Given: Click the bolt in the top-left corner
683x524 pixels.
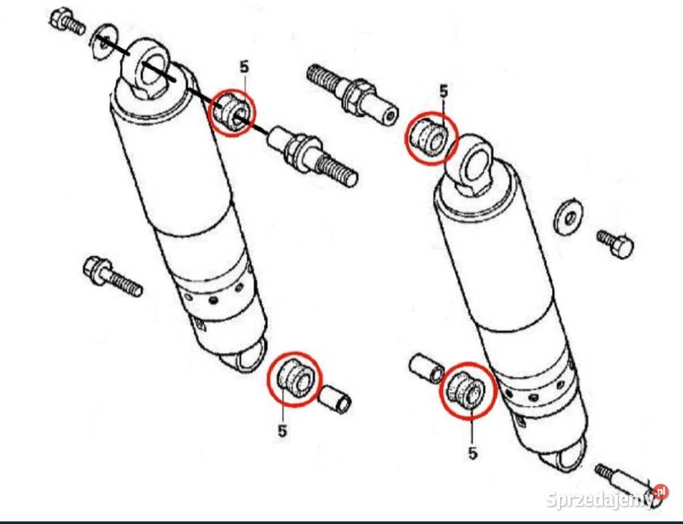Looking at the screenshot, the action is click(67, 21).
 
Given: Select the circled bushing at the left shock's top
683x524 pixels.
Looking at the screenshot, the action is click(232, 113).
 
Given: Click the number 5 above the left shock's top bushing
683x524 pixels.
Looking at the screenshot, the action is click(244, 67).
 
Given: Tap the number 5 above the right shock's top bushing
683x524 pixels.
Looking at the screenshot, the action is click(444, 92).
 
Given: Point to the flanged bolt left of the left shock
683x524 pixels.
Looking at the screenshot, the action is click(112, 276).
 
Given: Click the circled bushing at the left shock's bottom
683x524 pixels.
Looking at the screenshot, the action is click(295, 378).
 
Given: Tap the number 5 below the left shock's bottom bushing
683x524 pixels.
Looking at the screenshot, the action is click(283, 431).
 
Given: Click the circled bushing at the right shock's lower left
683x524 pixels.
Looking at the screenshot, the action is click(468, 389).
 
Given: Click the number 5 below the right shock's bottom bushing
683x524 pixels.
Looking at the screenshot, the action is click(473, 453).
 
